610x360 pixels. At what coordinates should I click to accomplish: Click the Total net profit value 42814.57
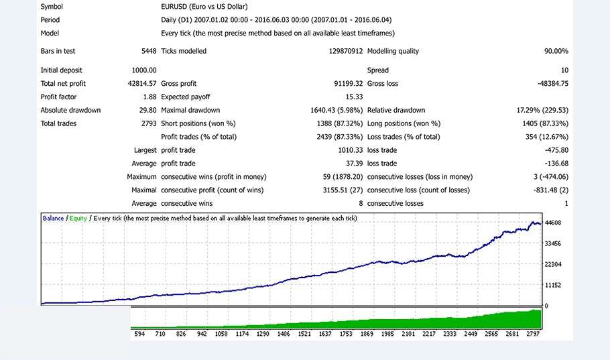click(x=141, y=84)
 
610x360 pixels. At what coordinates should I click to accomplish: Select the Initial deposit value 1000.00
click(x=144, y=70)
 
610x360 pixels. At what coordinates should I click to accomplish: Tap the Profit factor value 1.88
click(x=149, y=97)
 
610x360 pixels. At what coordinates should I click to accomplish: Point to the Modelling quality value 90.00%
click(x=556, y=51)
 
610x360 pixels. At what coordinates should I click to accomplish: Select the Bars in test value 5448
click(x=149, y=51)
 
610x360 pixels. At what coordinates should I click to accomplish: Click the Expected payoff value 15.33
click(x=354, y=97)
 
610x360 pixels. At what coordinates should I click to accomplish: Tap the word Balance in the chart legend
click(x=54, y=219)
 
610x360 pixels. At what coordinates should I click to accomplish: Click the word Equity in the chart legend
click(x=78, y=219)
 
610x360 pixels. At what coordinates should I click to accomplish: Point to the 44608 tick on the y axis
click(x=553, y=223)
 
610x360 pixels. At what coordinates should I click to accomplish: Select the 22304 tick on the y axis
click(x=553, y=265)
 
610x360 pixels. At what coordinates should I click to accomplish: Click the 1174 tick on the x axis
click(x=241, y=333)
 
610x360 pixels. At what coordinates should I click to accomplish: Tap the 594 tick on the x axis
click(x=139, y=333)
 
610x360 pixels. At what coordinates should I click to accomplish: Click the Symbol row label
click(x=52, y=7)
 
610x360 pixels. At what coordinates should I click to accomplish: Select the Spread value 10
click(x=564, y=70)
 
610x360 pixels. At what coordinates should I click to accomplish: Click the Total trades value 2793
click(x=148, y=124)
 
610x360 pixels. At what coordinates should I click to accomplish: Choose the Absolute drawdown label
click(x=70, y=111)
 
